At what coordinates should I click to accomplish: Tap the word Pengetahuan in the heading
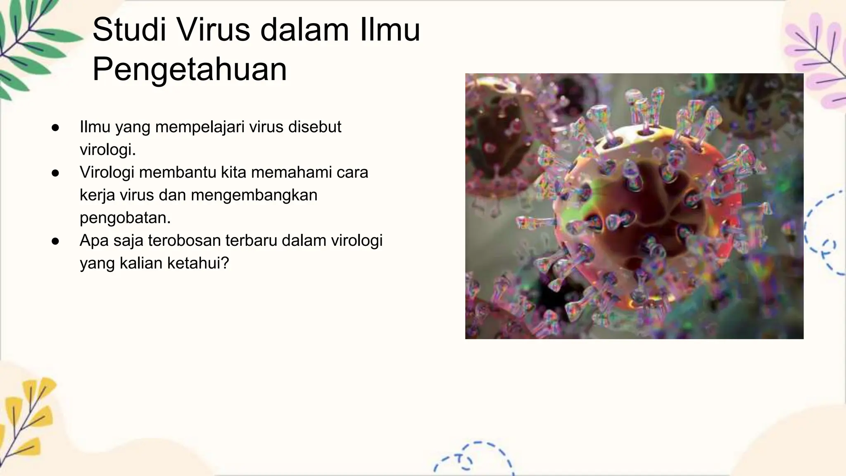[x=190, y=69]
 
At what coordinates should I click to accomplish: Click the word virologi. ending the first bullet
[x=108, y=150]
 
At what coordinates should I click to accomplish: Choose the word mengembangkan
[x=254, y=195]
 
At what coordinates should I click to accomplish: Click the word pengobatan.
[x=125, y=218]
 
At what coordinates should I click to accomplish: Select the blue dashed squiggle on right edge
[x=824, y=236]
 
